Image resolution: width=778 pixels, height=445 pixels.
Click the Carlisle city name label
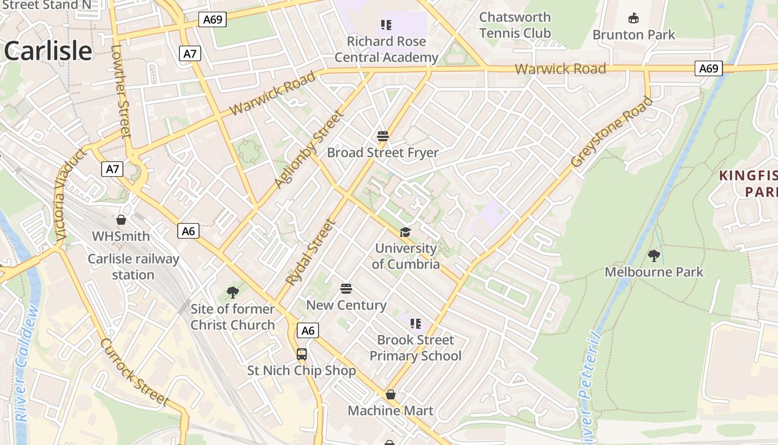coord(48,51)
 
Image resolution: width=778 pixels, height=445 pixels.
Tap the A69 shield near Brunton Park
coord(709,69)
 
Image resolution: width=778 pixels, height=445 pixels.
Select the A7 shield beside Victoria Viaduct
coord(112,169)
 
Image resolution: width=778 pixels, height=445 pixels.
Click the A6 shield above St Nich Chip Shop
coord(307,331)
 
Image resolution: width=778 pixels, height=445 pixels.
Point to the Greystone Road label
coord(612,132)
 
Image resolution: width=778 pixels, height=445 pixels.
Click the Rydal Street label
coord(311,253)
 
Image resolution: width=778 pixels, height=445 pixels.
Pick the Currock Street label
coord(134,371)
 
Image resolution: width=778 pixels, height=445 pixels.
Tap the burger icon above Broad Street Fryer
coord(382,136)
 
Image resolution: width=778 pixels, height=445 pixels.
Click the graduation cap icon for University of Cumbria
coord(405,232)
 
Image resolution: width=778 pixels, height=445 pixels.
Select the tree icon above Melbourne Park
coord(654,256)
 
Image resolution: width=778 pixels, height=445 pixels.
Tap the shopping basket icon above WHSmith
coord(121,220)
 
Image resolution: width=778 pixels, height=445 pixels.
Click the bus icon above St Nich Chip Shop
coord(301,354)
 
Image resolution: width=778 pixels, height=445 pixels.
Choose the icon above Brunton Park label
coord(633,18)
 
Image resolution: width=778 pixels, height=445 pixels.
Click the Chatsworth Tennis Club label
coord(515,25)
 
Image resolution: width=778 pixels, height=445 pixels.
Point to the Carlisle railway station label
coord(133,266)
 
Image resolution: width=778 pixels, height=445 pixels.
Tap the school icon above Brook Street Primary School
coord(415,323)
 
